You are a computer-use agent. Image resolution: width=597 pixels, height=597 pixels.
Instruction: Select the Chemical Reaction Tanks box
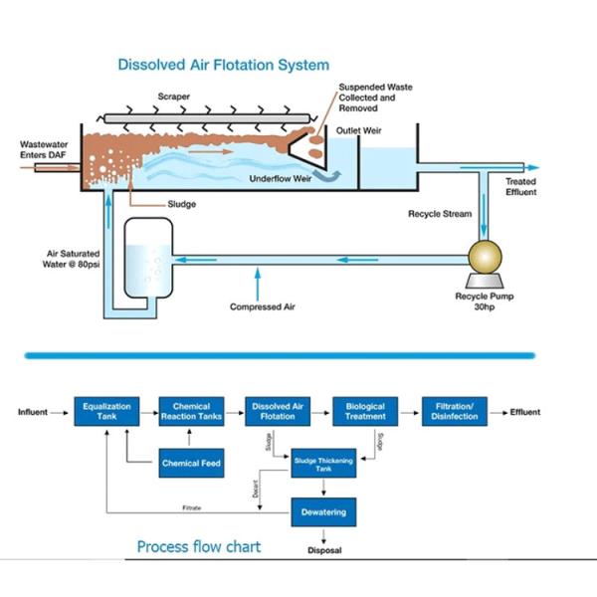coord(191,411)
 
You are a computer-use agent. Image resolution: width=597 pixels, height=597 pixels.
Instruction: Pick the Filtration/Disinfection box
coord(455,411)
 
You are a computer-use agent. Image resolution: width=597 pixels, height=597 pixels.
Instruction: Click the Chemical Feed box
coord(191,463)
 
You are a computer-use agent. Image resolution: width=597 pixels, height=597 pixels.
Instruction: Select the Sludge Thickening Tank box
coord(323,463)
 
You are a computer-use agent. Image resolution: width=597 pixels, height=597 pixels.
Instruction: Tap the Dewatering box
coord(323,512)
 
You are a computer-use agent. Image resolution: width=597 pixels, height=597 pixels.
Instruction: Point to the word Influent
coord(33,411)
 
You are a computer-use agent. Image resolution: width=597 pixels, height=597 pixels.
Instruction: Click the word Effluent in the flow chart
coord(525,411)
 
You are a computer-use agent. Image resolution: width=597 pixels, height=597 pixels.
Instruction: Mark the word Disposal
coord(323,548)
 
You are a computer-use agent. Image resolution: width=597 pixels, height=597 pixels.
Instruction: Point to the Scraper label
coord(174,97)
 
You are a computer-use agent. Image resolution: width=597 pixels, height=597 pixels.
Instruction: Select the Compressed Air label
coord(263,306)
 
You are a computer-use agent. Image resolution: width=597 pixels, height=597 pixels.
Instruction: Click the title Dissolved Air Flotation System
coord(223,65)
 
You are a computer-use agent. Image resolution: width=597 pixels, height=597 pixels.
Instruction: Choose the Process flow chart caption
coord(199,546)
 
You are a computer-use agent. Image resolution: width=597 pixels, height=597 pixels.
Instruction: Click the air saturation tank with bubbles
coord(147,261)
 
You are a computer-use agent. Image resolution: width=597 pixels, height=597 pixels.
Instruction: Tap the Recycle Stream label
coord(439,213)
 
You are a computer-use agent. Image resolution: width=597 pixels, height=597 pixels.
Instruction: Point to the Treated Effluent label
coord(520,187)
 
